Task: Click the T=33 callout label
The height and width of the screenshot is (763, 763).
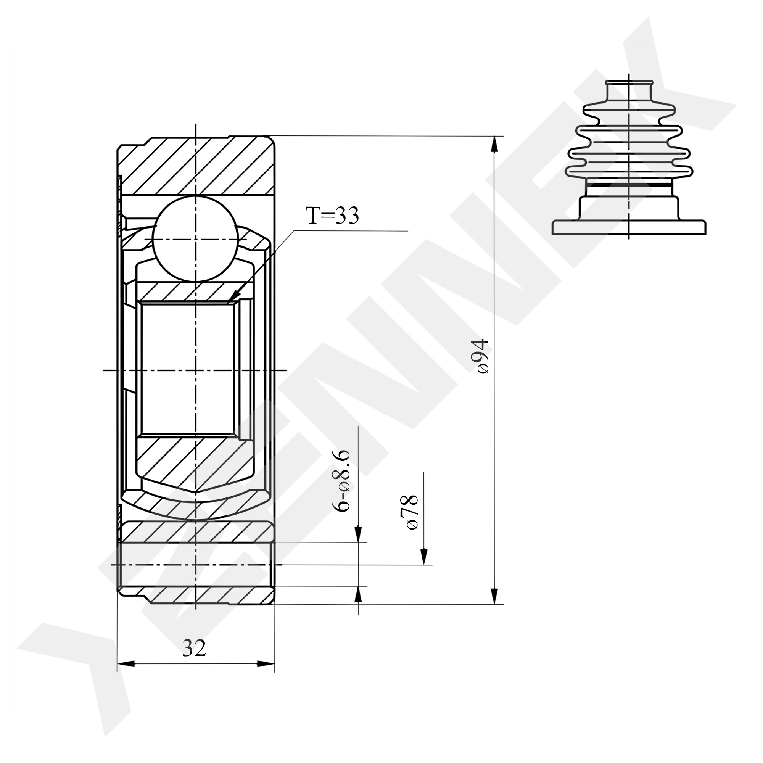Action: pyautogui.click(x=332, y=216)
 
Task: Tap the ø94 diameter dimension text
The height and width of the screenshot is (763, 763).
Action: pyautogui.click(x=483, y=356)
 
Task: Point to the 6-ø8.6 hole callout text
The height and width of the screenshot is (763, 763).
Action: pyautogui.click(x=341, y=480)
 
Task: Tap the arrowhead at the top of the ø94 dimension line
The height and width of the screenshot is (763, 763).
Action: pyautogui.click(x=494, y=144)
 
